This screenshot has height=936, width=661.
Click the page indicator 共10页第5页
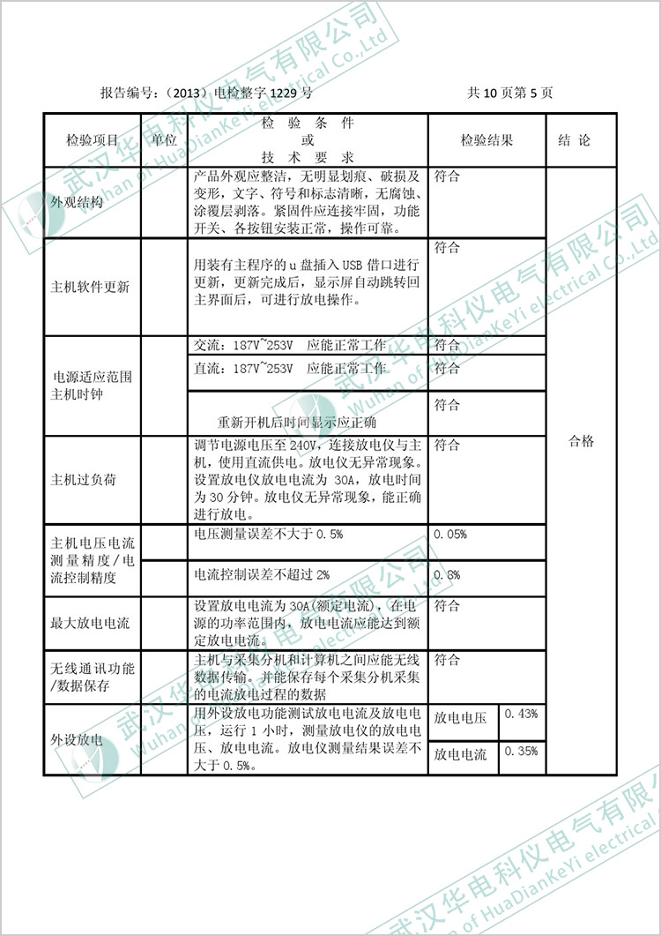[510, 92]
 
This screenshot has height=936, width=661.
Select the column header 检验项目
[92, 139]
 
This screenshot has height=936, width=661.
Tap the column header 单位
[164, 139]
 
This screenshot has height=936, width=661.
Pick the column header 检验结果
[486, 139]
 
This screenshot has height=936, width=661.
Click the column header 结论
[575, 139]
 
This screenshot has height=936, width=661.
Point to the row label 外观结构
[78, 202]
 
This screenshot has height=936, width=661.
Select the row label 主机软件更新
[92, 287]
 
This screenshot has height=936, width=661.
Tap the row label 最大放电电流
[92, 623]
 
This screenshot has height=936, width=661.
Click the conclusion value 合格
[581, 441]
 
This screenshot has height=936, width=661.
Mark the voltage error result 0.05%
[450, 534]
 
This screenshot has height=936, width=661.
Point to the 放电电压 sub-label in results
[461, 718]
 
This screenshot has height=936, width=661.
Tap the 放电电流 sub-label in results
[461, 755]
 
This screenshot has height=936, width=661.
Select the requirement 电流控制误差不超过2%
[262, 574]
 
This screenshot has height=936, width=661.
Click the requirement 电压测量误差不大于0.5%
[268, 534]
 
